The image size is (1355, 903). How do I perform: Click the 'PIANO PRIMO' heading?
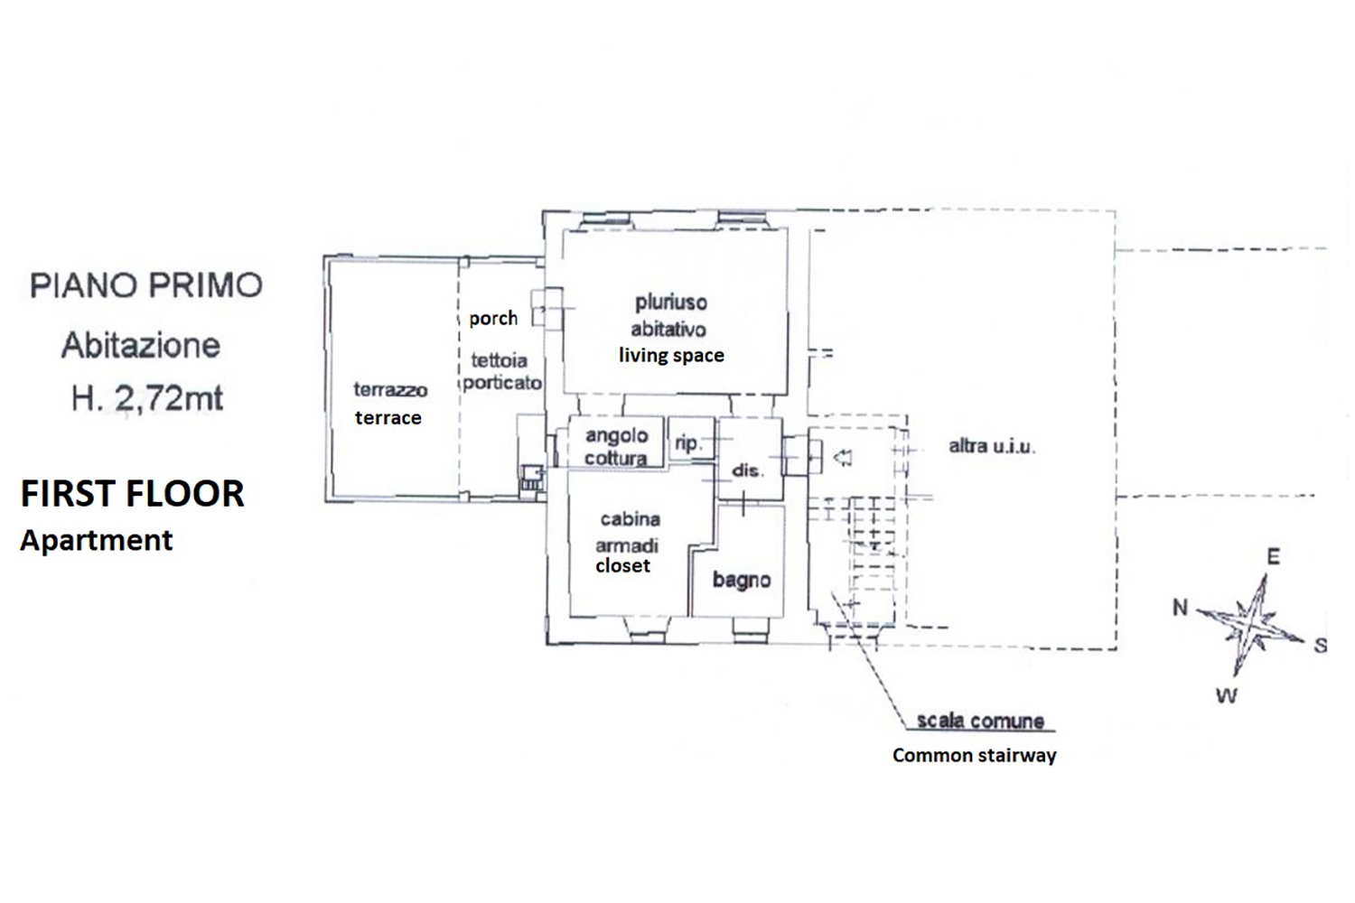(x=146, y=285)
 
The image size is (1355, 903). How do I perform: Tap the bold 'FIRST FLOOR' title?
(x=133, y=494)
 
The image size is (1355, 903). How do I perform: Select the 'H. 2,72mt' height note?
(x=147, y=399)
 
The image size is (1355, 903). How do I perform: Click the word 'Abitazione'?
(x=141, y=345)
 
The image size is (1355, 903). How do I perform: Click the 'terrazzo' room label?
(x=391, y=389)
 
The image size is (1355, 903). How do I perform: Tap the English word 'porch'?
(x=493, y=319)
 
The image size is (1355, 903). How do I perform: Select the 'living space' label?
(x=671, y=355)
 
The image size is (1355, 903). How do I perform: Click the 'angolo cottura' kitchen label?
(x=616, y=447)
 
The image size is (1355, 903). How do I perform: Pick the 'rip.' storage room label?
(x=687, y=443)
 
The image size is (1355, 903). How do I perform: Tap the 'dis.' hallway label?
(x=748, y=470)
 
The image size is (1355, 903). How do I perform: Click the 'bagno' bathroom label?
(x=742, y=580)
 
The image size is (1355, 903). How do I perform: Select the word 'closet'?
(x=623, y=566)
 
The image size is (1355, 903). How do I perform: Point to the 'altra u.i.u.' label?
(x=992, y=447)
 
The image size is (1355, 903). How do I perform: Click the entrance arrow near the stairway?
(x=843, y=458)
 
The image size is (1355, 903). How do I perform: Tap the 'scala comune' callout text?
(x=980, y=721)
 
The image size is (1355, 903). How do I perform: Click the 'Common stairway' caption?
(x=975, y=756)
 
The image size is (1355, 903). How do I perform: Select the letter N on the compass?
(x=1180, y=607)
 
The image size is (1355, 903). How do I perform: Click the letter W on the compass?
(x=1227, y=696)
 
